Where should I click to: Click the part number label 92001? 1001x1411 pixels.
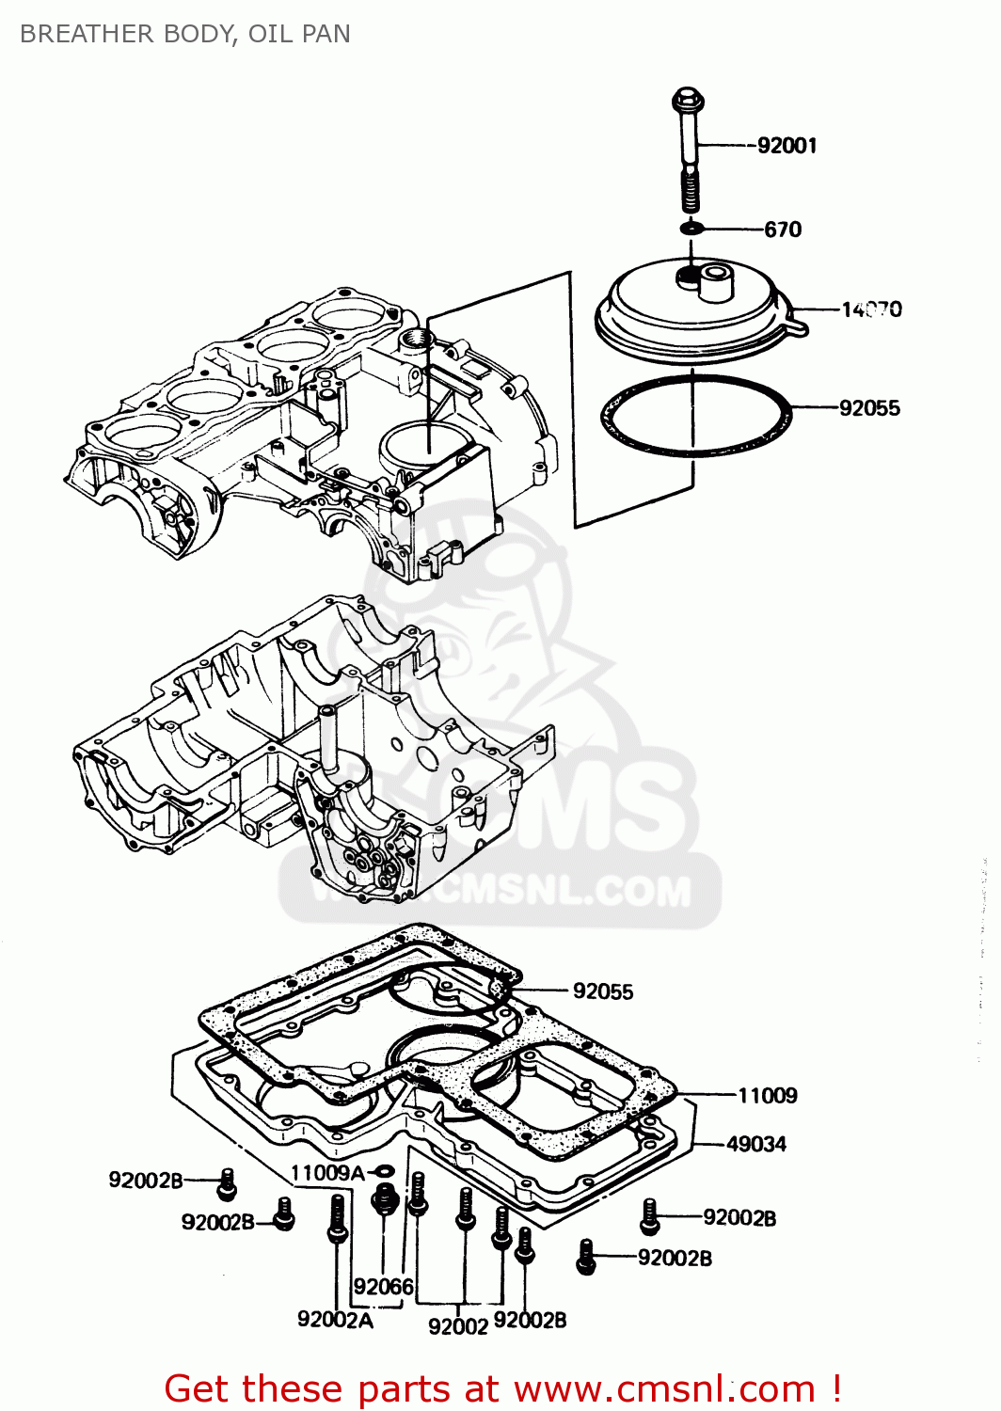click(x=786, y=146)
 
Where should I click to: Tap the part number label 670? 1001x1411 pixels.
click(x=782, y=230)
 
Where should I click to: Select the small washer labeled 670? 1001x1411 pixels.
click(x=692, y=228)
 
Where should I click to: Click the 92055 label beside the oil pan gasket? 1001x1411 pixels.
click(x=602, y=991)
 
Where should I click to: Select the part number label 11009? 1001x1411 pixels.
click(x=767, y=1096)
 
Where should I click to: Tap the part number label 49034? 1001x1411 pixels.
click(x=755, y=1144)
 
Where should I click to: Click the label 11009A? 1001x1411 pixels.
click(x=326, y=1173)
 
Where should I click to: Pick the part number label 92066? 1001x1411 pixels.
click(x=383, y=1286)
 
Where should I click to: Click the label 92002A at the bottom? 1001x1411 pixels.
click(x=335, y=1320)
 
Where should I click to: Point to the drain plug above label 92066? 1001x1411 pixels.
click(x=383, y=1199)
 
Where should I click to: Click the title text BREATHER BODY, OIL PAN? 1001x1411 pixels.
click(x=185, y=34)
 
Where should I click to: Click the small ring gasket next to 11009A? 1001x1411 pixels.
click(x=384, y=1172)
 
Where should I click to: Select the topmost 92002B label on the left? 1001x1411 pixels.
click(x=145, y=1181)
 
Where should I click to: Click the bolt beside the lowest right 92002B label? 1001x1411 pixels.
click(x=586, y=1257)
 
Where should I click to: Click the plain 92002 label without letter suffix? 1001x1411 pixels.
click(x=457, y=1326)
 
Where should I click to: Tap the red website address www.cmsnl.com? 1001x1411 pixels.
click(x=664, y=1388)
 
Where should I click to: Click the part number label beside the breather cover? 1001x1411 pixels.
click(x=870, y=309)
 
